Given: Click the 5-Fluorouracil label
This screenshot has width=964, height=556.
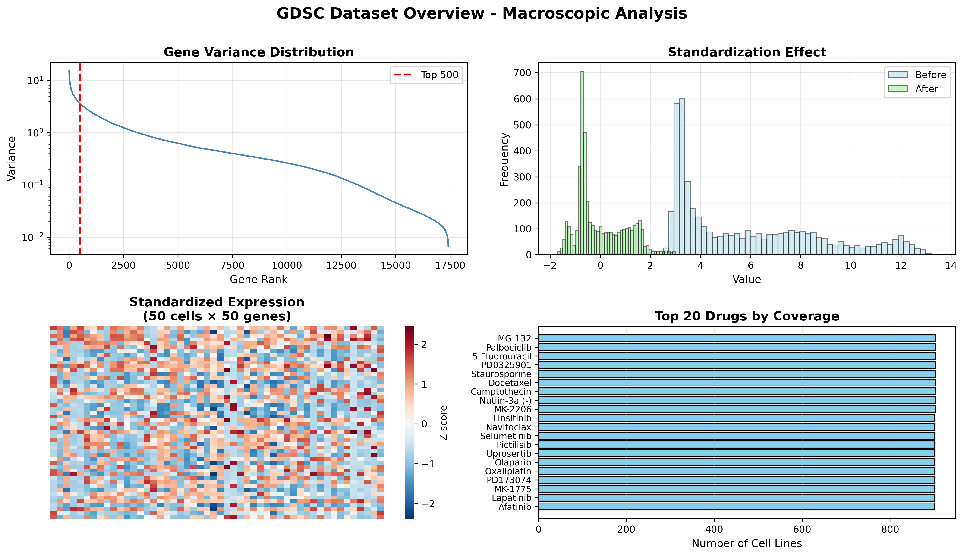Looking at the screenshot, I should [501, 356].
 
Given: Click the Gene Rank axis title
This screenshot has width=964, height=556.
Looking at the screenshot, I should [258, 280].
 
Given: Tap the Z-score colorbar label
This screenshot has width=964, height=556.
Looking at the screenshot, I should [443, 423].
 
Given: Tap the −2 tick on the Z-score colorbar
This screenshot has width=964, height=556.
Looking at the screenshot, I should [428, 504].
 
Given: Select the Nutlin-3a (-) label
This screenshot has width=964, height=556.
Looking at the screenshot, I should [505, 401].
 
